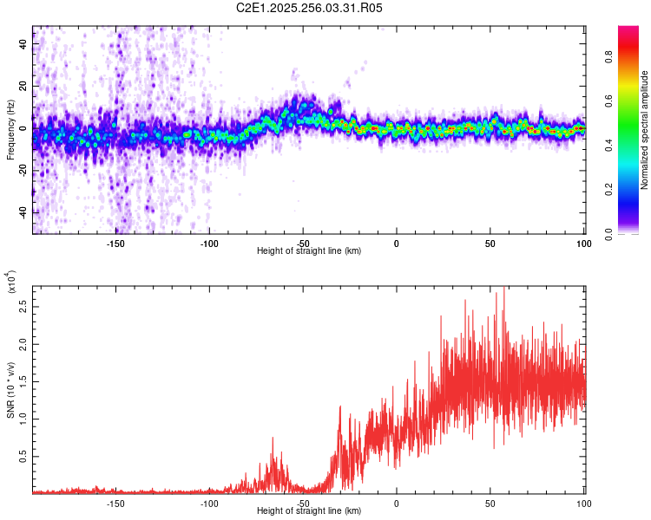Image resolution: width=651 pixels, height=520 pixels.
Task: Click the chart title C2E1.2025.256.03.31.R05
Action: point(310,8)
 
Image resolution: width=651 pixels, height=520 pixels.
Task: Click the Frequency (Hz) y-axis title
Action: point(10,130)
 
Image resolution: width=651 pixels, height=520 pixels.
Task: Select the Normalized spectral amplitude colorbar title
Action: point(644,130)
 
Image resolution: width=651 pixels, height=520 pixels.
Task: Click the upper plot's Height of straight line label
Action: point(309,250)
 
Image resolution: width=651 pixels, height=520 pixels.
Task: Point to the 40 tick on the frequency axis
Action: point(23,42)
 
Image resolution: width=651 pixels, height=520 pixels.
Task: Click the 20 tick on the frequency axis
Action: point(23,86)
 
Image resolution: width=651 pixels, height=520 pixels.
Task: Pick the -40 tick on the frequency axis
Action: point(23,212)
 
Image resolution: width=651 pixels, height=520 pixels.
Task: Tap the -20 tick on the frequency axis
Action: point(23,170)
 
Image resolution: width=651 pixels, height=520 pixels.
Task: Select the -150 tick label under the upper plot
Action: point(115,244)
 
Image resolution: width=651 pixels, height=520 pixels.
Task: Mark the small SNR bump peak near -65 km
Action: point(273,439)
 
